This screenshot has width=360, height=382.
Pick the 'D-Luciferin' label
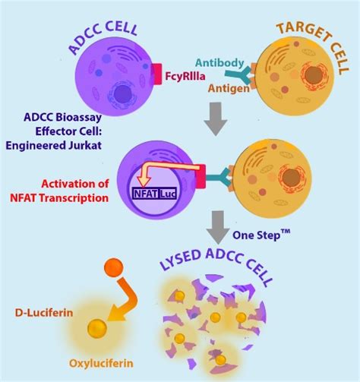(44, 311)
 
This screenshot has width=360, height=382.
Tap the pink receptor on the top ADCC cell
(158, 74)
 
